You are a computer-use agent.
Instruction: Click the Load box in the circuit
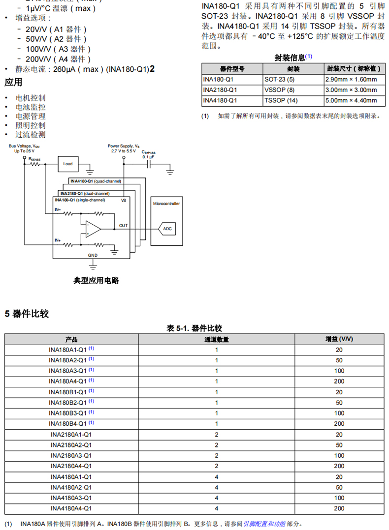(68, 164)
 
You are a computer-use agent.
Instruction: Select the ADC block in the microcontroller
(167, 229)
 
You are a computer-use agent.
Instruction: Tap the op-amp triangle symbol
(93, 229)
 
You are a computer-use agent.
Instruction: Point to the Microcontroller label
(166, 203)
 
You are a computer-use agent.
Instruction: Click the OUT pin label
(123, 226)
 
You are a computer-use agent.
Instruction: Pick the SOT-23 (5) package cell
(279, 79)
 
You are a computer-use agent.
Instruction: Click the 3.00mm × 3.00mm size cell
(351, 90)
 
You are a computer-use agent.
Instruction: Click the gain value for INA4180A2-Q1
(339, 487)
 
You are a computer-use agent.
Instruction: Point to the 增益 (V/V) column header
(339, 339)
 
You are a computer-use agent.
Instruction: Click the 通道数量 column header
(216, 339)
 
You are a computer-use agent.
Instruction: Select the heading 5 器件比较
(27, 314)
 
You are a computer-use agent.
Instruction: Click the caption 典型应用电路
(96, 281)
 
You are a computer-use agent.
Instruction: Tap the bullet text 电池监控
(31, 107)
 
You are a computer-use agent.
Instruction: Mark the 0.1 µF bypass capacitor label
(149, 157)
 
